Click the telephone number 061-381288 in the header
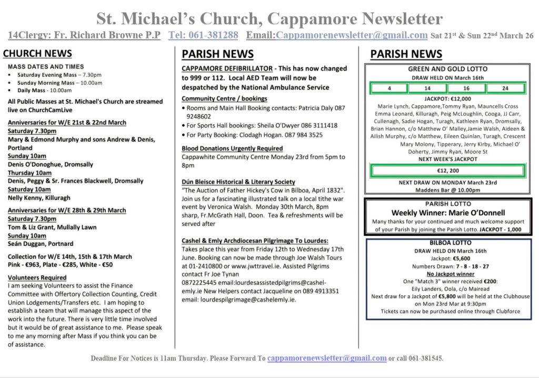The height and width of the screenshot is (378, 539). point(203,35)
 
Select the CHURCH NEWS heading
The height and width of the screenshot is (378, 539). point(37,53)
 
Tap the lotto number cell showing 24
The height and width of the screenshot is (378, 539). point(505,88)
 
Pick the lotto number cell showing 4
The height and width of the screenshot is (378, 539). point(389,88)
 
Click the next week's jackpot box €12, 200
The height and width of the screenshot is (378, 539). point(448,171)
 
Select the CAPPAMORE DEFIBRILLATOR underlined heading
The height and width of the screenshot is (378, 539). point(227,68)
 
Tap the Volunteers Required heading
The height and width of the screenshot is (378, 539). point(37,277)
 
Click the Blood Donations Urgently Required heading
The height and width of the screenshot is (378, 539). point(232,148)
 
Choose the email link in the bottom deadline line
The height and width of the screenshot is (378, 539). point(327,358)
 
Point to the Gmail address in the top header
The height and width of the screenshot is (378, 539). point(351,35)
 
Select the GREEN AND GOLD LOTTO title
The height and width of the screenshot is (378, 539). point(447,69)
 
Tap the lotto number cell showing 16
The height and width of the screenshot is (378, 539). point(466,88)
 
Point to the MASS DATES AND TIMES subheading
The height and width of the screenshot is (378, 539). point(46,66)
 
